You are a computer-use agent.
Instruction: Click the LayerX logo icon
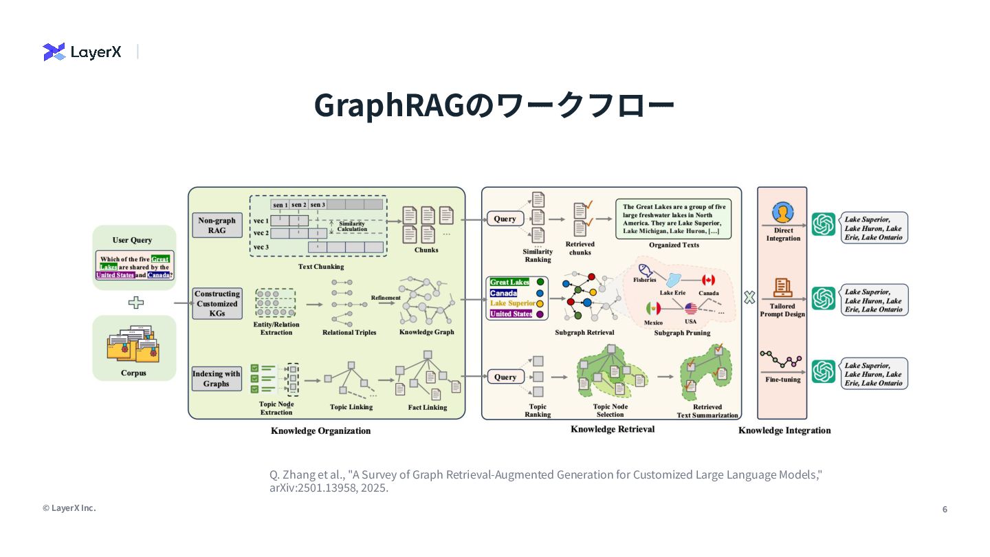point(54,52)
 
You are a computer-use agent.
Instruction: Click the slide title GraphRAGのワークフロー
point(494,105)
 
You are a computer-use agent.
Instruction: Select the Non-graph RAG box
point(217,226)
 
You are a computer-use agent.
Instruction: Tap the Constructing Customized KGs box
point(217,303)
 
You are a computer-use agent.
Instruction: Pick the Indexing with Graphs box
point(217,379)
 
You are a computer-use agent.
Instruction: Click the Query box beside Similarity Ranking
point(505,219)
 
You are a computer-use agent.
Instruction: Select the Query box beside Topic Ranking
point(505,377)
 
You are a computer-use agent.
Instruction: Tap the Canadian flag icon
point(708,280)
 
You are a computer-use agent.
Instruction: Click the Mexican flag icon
point(653,309)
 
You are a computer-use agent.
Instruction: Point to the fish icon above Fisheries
point(644,270)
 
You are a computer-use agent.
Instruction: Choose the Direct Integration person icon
point(782,213)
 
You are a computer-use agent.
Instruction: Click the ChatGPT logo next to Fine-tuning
point(823,371)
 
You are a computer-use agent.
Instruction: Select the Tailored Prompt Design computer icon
point(782,289)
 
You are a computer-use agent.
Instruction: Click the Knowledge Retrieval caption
point(612,429)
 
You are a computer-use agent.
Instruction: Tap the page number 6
point(945,510)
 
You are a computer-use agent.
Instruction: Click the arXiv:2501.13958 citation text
point(329,488)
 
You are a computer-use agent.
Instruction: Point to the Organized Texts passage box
point(673,219)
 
